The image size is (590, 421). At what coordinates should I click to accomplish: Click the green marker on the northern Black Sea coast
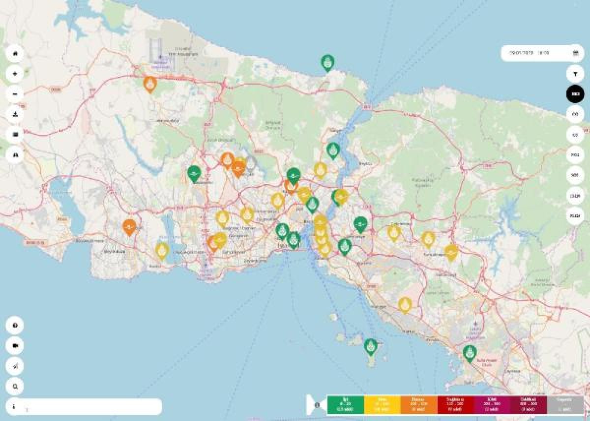(x=327, y=62)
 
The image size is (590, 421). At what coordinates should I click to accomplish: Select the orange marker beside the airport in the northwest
(x=150, y=84)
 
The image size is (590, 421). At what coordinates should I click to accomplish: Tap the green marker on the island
(x=370, y=346)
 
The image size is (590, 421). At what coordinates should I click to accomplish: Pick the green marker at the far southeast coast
(x=470, y=353)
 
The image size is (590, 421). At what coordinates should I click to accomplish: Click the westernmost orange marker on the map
(x=129, y=227)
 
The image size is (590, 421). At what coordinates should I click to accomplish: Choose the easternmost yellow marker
(x=451, y=252)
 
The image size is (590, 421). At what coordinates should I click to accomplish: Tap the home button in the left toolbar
(x=15, y=53)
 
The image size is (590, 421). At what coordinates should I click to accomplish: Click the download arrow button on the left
(x=15, y=114)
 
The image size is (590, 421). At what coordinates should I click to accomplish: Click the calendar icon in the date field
(x=575, y=53)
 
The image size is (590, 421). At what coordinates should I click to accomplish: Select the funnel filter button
(x=575, y=74)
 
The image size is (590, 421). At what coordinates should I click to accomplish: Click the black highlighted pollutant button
(x=575, y=94)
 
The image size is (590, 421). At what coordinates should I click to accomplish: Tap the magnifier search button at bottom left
(x=15, y=387)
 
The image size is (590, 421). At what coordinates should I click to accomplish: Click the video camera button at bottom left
(x=15, y=346)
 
